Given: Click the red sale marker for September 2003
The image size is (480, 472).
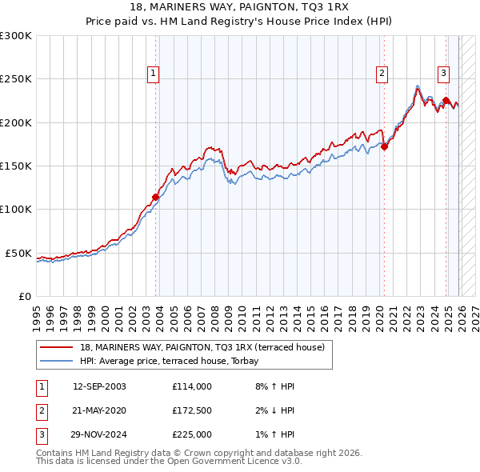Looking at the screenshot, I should (155, 197).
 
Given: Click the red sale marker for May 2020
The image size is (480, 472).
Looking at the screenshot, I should (384, 146).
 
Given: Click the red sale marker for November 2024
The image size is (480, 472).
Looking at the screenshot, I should (446, 101).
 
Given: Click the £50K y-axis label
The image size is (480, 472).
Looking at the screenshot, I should (18, 253).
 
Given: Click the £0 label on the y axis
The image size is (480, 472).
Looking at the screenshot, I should (25, 296).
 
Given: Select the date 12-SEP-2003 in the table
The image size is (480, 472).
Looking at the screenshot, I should (99, 386).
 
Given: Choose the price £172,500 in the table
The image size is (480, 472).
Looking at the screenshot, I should (192, 410).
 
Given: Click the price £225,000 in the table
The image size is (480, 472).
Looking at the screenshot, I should (192, 434).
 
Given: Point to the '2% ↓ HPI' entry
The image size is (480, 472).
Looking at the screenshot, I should (272, 410).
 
